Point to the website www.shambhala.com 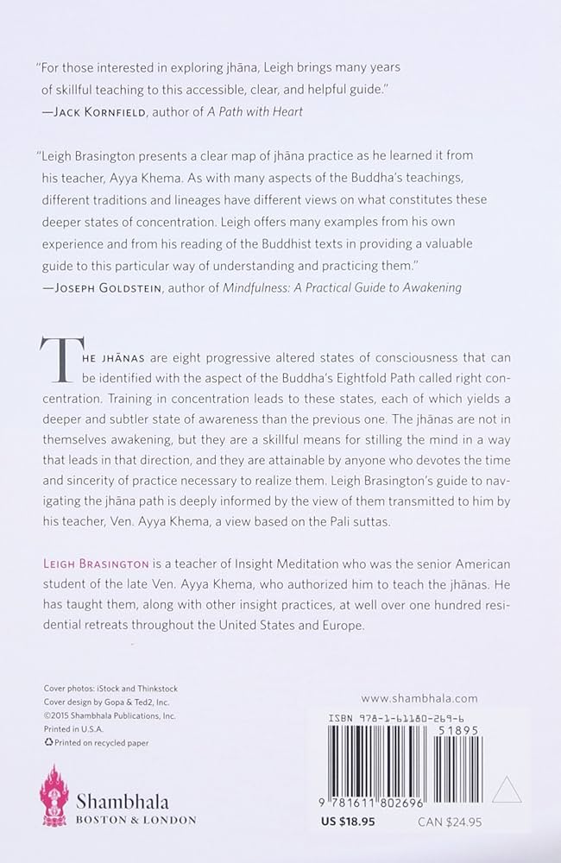click(419, 698)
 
